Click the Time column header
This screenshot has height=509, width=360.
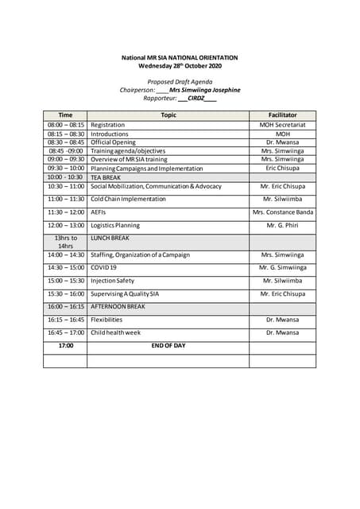point(65,115)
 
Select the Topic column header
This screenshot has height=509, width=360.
point(168,115)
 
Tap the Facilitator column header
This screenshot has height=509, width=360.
point(282,115)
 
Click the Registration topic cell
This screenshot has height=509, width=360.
point(107,125)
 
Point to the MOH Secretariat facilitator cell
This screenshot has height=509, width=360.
point(282,125)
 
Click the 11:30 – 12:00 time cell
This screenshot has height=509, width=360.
point(65,212)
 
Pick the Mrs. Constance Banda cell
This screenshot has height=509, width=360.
point(282,212)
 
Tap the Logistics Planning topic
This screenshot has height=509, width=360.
point(115,226)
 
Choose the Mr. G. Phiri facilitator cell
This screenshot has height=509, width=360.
point(282,226)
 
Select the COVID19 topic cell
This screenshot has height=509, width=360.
point(103,267)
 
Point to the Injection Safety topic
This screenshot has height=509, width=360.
point(112,281)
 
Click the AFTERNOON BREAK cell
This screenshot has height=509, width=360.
point(118,306)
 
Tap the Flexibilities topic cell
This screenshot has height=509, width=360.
point(106,320)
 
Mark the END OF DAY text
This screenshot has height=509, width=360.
point(168,346)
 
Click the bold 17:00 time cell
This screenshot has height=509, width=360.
point(65,346)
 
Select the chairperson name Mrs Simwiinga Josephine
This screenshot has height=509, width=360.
point(204,90)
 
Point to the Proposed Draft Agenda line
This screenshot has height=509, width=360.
point(180,82)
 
